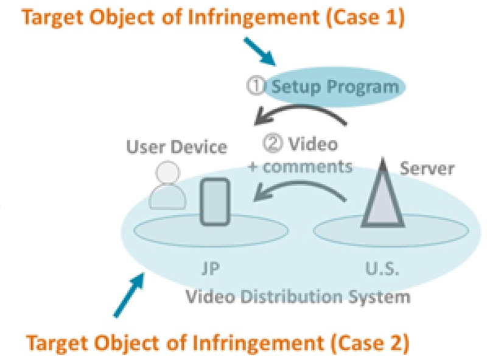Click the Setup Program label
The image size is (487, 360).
click(335, 86)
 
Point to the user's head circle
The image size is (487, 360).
click(167, 174)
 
